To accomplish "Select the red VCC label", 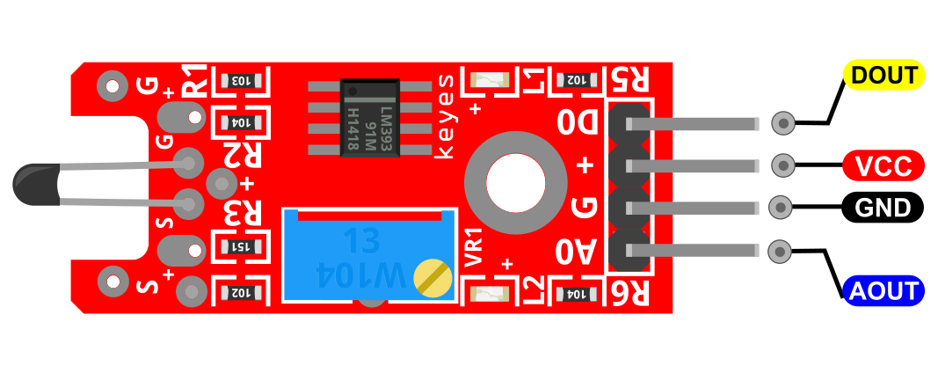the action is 883,165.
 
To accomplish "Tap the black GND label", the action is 883,208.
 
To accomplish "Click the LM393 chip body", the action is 370,118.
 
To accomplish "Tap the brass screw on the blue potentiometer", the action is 433,278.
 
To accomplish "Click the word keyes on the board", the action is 445,116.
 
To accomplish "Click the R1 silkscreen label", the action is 194,80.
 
